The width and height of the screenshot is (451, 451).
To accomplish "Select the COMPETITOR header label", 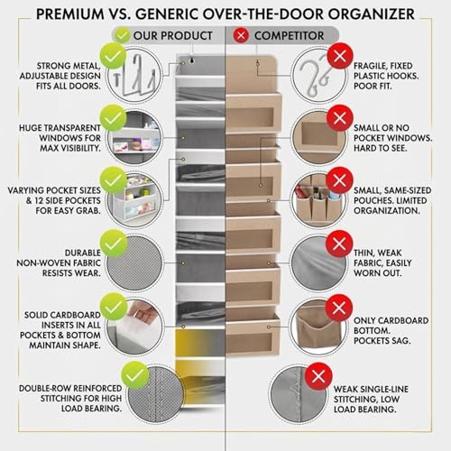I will tap(287, 35).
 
